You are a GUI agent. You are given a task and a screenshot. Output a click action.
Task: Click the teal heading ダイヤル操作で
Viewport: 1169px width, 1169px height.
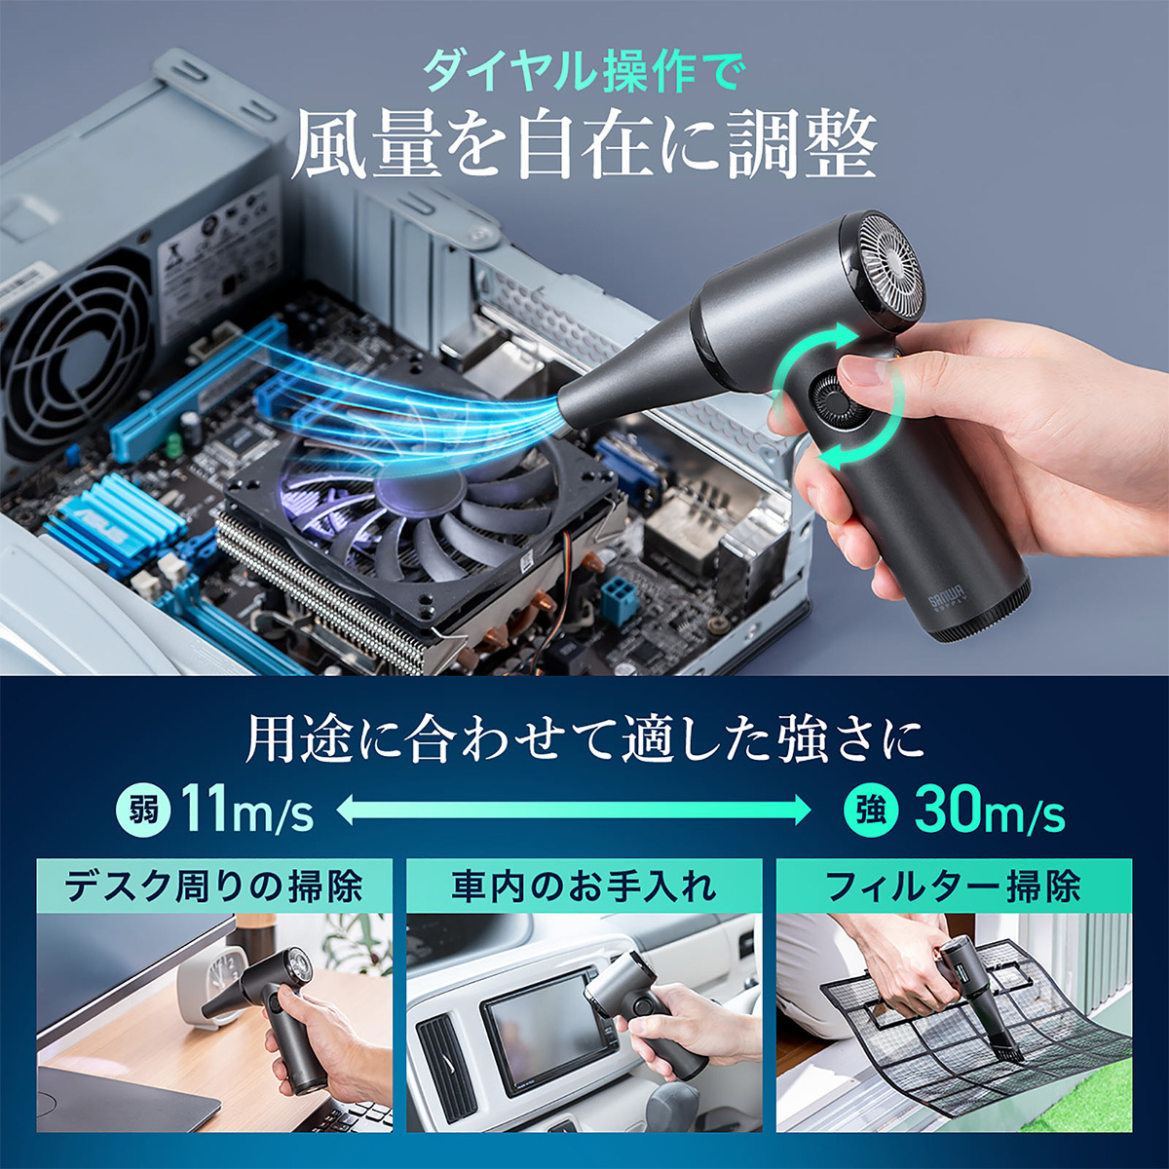tap(584, 72)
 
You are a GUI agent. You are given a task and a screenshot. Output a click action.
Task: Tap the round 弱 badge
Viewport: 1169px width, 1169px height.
tap(143, 810)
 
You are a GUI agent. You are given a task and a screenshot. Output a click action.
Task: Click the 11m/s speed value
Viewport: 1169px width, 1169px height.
tap(247, 811)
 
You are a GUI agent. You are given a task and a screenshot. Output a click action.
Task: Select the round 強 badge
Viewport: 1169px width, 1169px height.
tap(871, 810)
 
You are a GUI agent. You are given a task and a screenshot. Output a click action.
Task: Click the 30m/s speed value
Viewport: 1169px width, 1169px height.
tap(989, 811)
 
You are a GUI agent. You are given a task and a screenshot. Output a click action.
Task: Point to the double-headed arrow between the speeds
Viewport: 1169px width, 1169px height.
tap(574, 810)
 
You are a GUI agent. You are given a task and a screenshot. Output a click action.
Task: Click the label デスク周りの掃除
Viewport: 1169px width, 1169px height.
tap(214, 886)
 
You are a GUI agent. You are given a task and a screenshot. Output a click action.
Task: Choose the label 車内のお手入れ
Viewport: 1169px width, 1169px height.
tap(584, 886)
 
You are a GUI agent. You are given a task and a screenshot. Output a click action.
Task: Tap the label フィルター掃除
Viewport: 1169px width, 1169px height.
tap(953, 886)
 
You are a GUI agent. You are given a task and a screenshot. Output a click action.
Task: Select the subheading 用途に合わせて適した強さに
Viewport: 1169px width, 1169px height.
tap(584, 740)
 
